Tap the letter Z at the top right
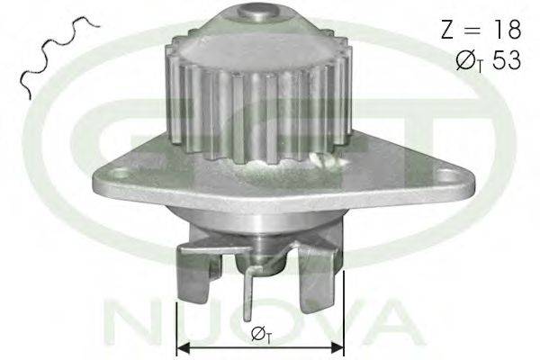click(x=448, y=29)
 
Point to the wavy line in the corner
click(x=58, y=51)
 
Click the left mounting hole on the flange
click(x=120, y=174)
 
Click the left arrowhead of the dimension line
click(x=183, y=348)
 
